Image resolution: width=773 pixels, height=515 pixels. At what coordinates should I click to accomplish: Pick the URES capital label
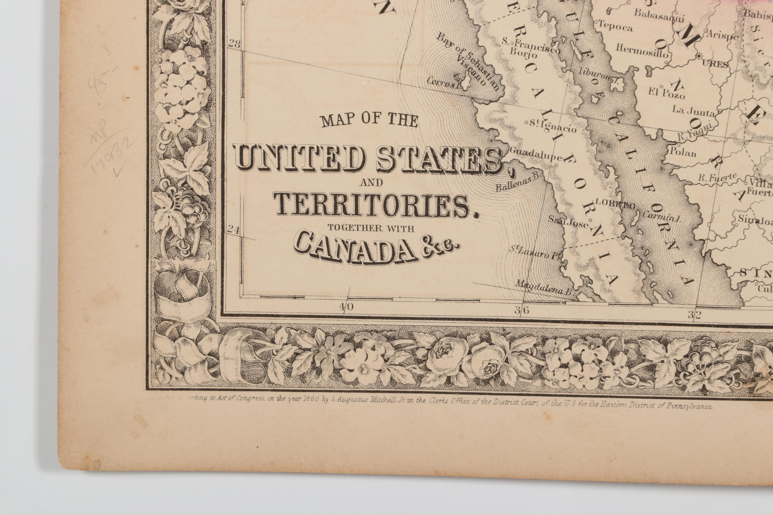coord(717,64)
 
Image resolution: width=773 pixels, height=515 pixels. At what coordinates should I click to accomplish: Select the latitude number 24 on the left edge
coord(233,230)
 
